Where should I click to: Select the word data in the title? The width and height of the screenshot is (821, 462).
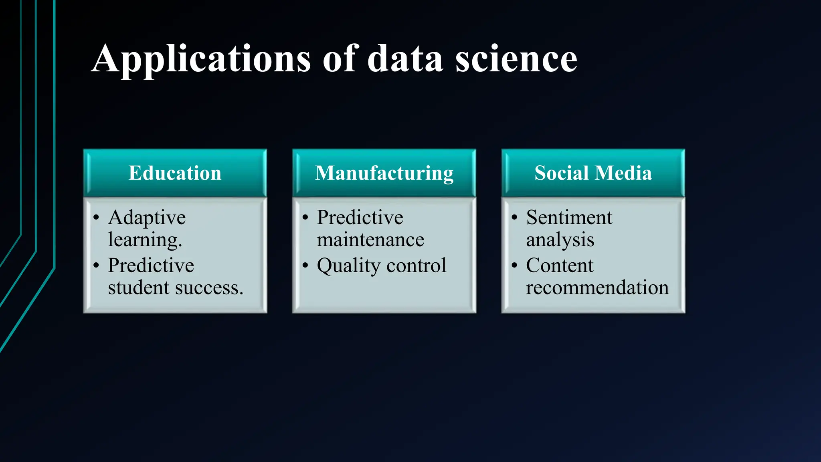405,59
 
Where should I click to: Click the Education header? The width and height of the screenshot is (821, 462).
175,173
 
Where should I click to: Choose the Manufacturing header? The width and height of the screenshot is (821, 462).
384,173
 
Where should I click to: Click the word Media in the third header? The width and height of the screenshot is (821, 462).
623,173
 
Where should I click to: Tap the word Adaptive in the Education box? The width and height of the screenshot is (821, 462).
147,218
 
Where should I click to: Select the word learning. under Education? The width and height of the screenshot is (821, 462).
145,240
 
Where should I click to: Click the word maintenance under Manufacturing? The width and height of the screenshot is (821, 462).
370,240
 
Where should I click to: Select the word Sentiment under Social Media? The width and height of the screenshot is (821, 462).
569,218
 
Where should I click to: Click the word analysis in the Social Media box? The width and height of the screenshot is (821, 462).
560,240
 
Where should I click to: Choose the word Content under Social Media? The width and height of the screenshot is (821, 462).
560,265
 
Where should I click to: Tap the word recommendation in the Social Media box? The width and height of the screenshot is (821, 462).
597,288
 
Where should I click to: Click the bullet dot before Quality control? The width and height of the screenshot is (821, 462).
305,265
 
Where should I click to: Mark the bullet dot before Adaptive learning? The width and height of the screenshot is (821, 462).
96,218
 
